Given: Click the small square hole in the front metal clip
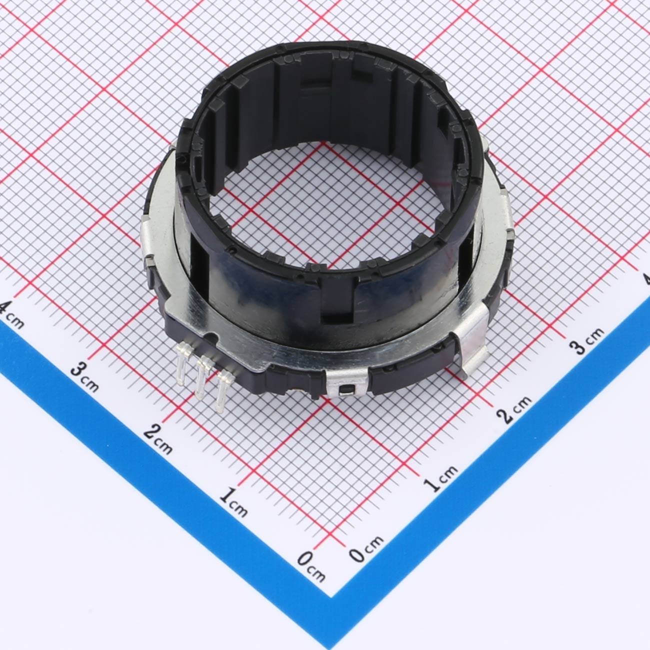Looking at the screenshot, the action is point(347,390).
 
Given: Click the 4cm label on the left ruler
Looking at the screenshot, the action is point(12,315).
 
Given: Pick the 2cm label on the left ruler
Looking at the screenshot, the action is point(158,439).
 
